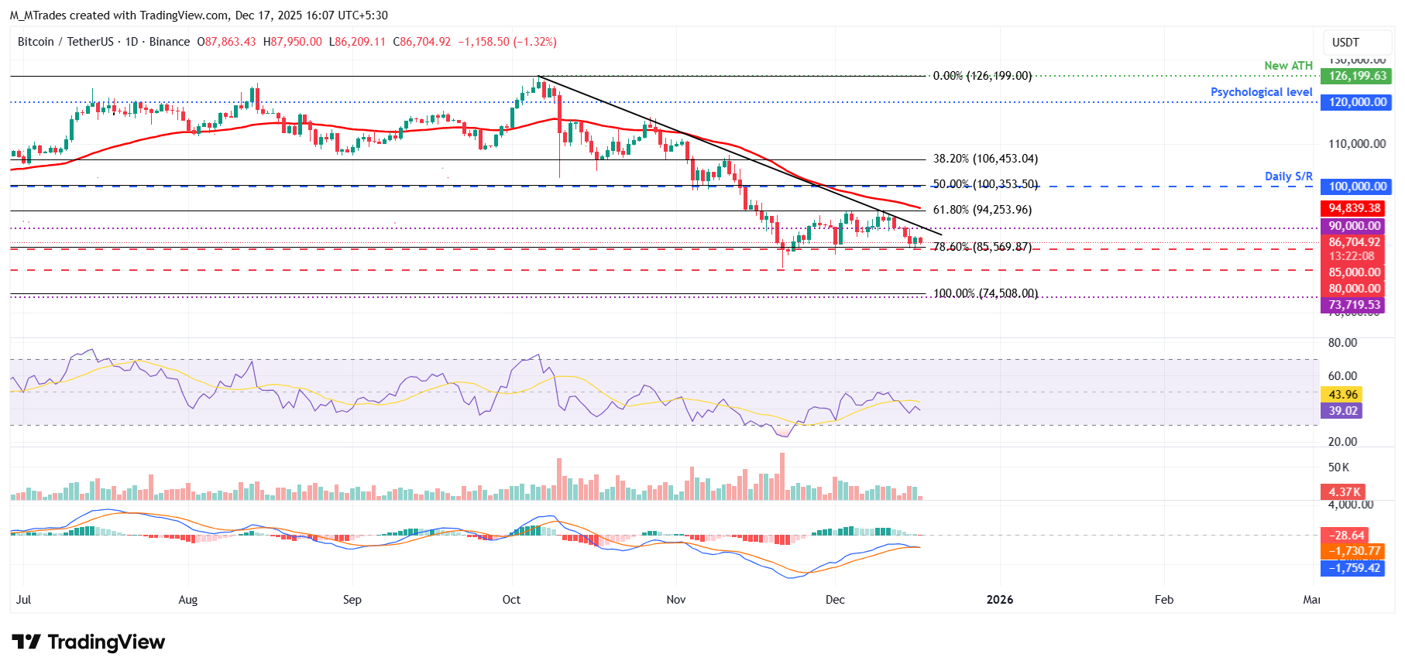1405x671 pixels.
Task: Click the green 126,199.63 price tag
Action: coord(1357,76)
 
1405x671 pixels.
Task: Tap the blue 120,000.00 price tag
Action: coord(1357,102)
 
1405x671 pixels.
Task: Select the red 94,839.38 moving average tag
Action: coord(1355,208)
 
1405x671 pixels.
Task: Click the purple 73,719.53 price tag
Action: coord(1354,305)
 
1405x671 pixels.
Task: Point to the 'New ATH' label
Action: coord(1288,66)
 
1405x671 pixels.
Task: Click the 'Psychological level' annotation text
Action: coord(1261,92)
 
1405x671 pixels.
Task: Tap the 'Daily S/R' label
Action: coord(1288,176)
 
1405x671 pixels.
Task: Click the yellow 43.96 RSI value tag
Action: coord(1342,395)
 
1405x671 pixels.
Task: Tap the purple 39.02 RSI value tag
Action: coord(1342,411)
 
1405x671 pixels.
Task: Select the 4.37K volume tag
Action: coord(1344,492)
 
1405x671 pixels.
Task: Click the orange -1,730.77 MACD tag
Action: coord(1354,551)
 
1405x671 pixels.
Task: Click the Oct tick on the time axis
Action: coord(511,600)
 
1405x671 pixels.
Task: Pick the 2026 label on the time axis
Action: coord(999,600)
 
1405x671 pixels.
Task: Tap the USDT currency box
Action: coord(1345,43)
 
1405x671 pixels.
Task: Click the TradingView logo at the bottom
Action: coord(88,642)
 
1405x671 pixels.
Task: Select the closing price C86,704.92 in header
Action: coord(422,42)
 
